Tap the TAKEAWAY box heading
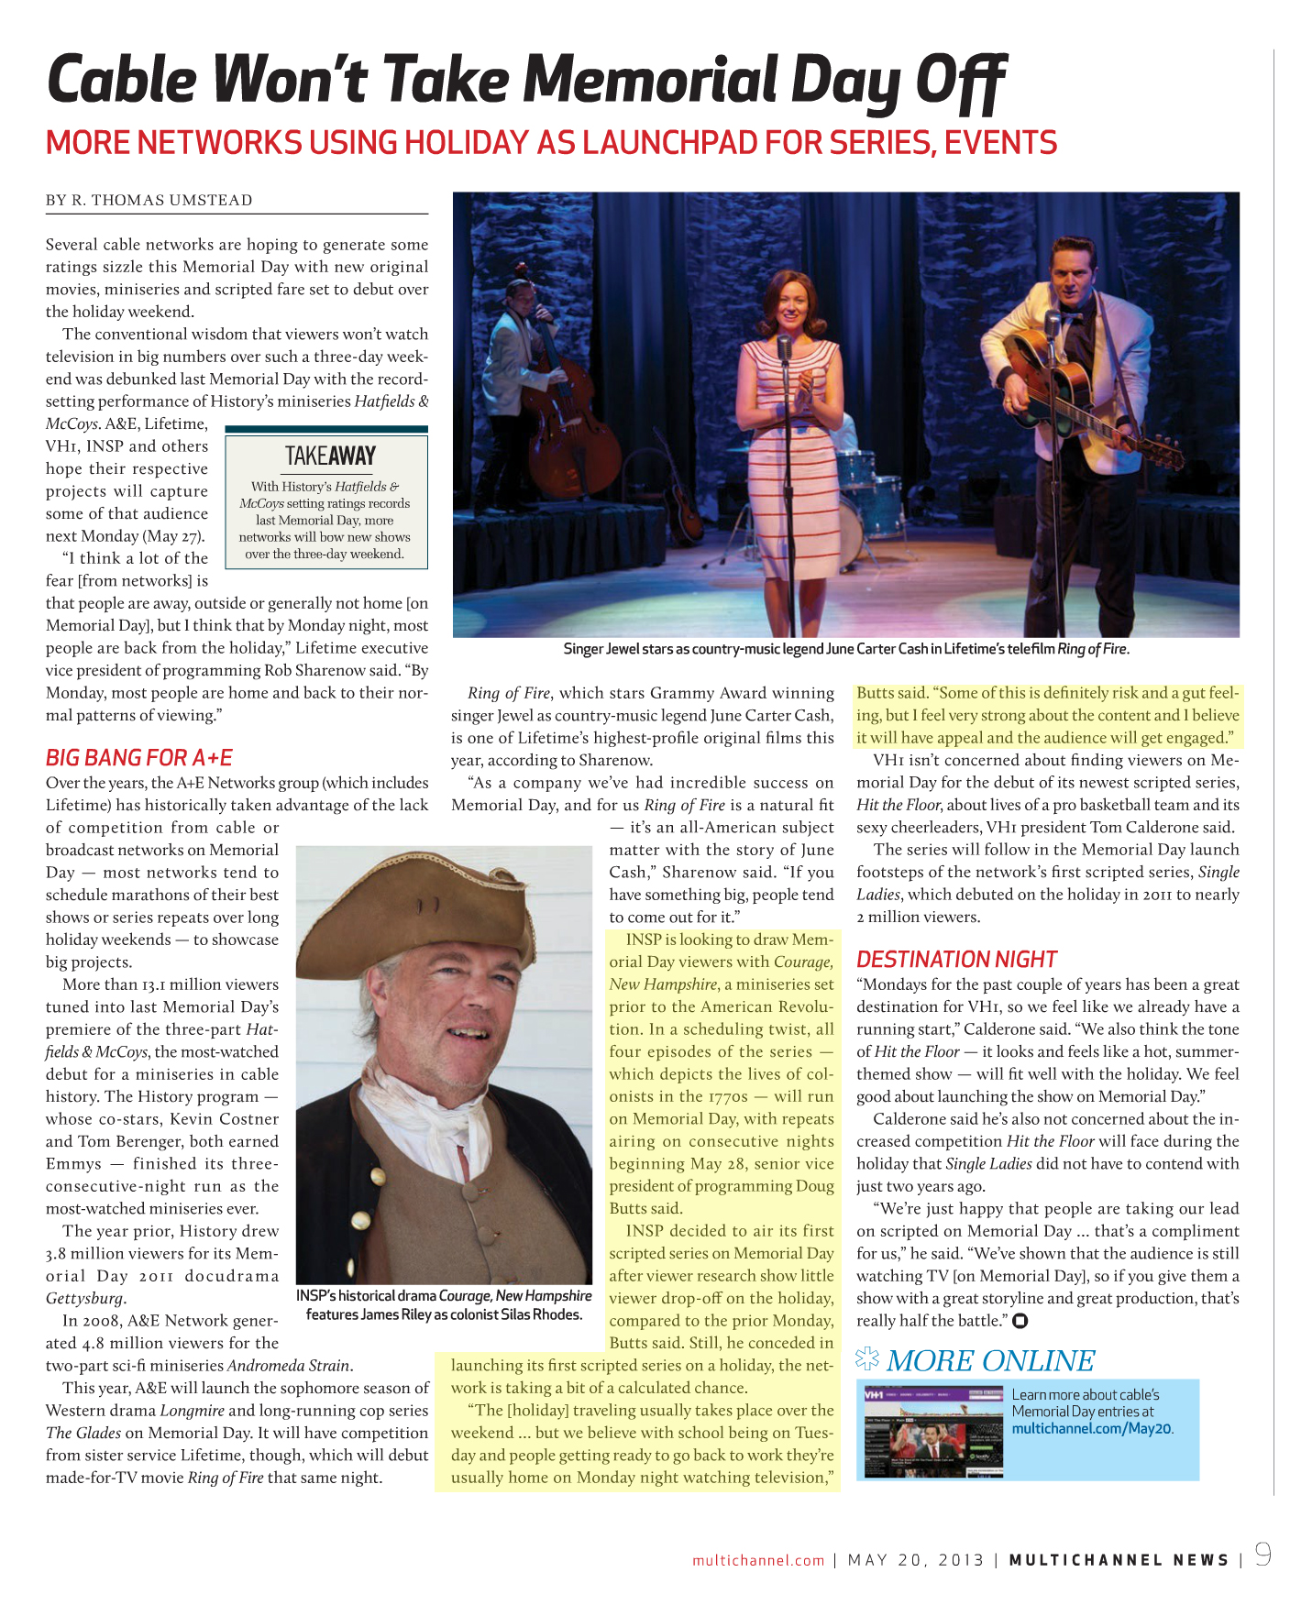[330, 456]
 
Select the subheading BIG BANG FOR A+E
[139, 758]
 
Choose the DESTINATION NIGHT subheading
[956, 960]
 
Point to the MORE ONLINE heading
[990, 1361]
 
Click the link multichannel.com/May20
[1092, 1429]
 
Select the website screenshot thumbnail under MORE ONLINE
[933, 1431]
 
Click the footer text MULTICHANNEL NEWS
[1119, 1560]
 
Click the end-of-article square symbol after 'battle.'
[1020, 1321]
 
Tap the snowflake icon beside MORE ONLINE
[866, 1360]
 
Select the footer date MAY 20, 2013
[915, 1560]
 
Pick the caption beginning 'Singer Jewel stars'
[845, 649]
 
